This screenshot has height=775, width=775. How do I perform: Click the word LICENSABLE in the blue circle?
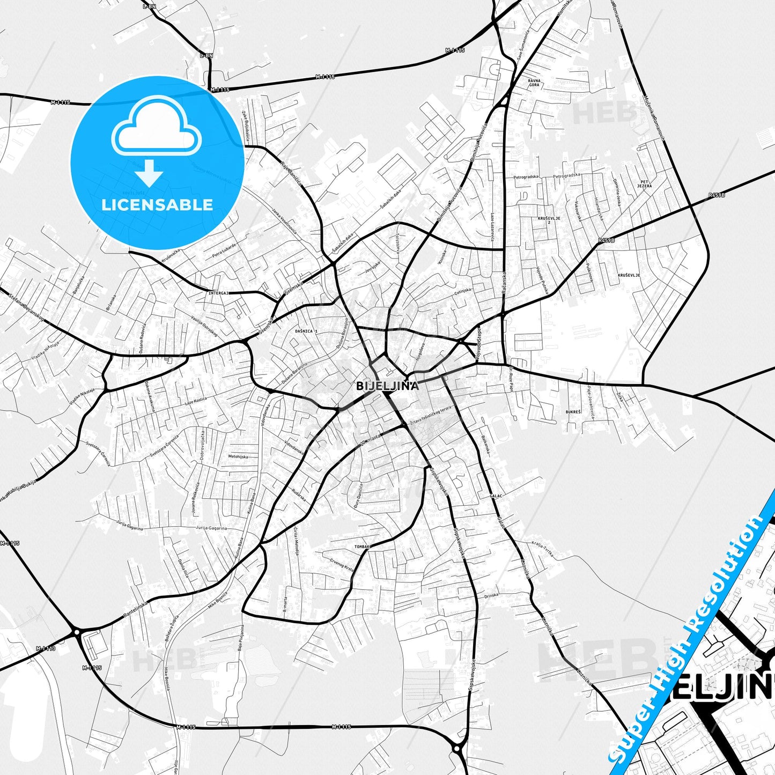pos(157,205)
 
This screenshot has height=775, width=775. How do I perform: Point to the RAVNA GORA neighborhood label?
pos(534,83)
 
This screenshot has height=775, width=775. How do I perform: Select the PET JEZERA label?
pos(645,183)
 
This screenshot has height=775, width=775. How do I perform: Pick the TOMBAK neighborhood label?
pos(363,547)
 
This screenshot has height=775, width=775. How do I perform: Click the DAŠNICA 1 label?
pos(306,331)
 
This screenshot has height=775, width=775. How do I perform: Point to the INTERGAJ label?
pos(219,293)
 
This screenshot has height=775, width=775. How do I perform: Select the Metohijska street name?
pos(238,456)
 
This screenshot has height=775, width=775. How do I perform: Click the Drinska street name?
pos(491,595)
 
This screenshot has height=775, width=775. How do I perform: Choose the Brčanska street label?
pos(111,304)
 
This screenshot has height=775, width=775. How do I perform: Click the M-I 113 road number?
pos(46,649)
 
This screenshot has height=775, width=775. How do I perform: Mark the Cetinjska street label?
pos(463,291)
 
